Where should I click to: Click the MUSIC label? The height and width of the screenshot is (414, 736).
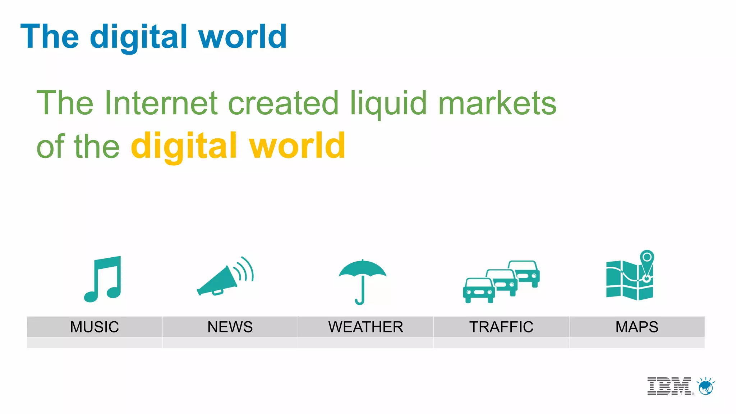point(95,327)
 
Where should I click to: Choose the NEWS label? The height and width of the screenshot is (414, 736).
point(230,327)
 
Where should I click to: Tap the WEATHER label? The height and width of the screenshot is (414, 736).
point(365,327)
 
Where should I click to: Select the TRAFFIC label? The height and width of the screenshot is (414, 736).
point(501,327)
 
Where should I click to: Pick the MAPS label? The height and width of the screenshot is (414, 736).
point(637,327)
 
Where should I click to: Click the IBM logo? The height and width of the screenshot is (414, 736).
point(669,386)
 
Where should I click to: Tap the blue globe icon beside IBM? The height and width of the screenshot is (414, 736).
point(706,387)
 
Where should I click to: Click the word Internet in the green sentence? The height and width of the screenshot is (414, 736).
point(161,103)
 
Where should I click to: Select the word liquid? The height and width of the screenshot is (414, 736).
point(388,103)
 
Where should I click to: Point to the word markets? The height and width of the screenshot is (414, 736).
point(497,103)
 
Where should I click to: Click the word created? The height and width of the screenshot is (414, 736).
point(283,103)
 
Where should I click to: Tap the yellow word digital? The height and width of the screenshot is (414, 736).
point(184,146)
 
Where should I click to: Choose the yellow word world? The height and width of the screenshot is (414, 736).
point(298,146)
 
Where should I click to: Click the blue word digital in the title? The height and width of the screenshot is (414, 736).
point(138,37)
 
